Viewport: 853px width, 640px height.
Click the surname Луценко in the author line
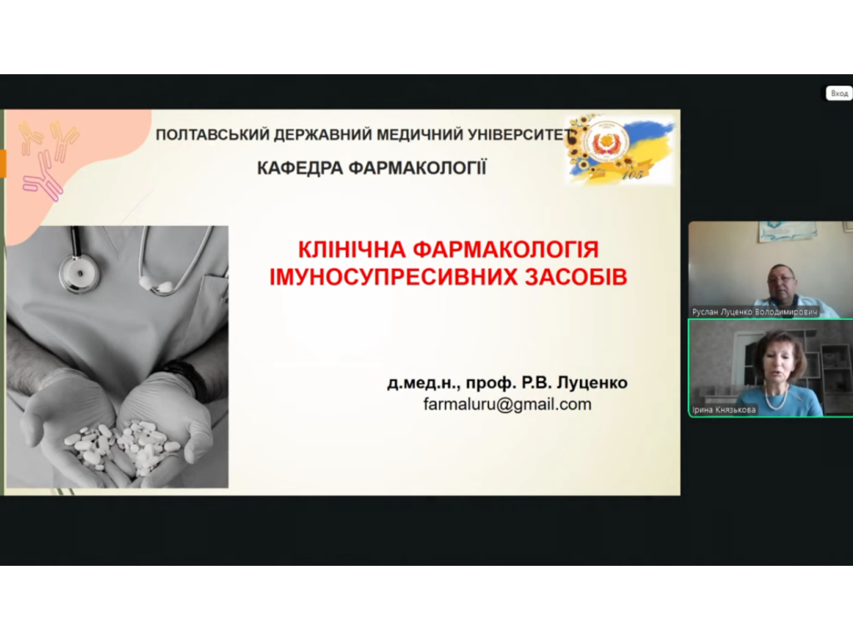coord(593,382)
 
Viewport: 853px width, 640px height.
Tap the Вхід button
coord(839,93)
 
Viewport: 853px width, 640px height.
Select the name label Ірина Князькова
coord(724,410)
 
